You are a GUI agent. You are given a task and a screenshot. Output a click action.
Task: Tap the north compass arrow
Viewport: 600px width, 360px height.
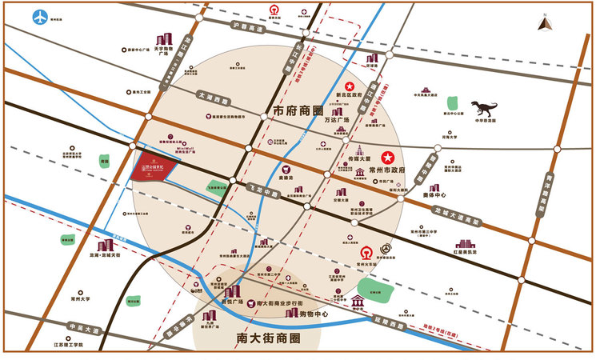pos(546,22)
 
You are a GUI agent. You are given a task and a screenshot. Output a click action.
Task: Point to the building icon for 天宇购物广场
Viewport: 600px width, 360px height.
pos(166,40)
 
